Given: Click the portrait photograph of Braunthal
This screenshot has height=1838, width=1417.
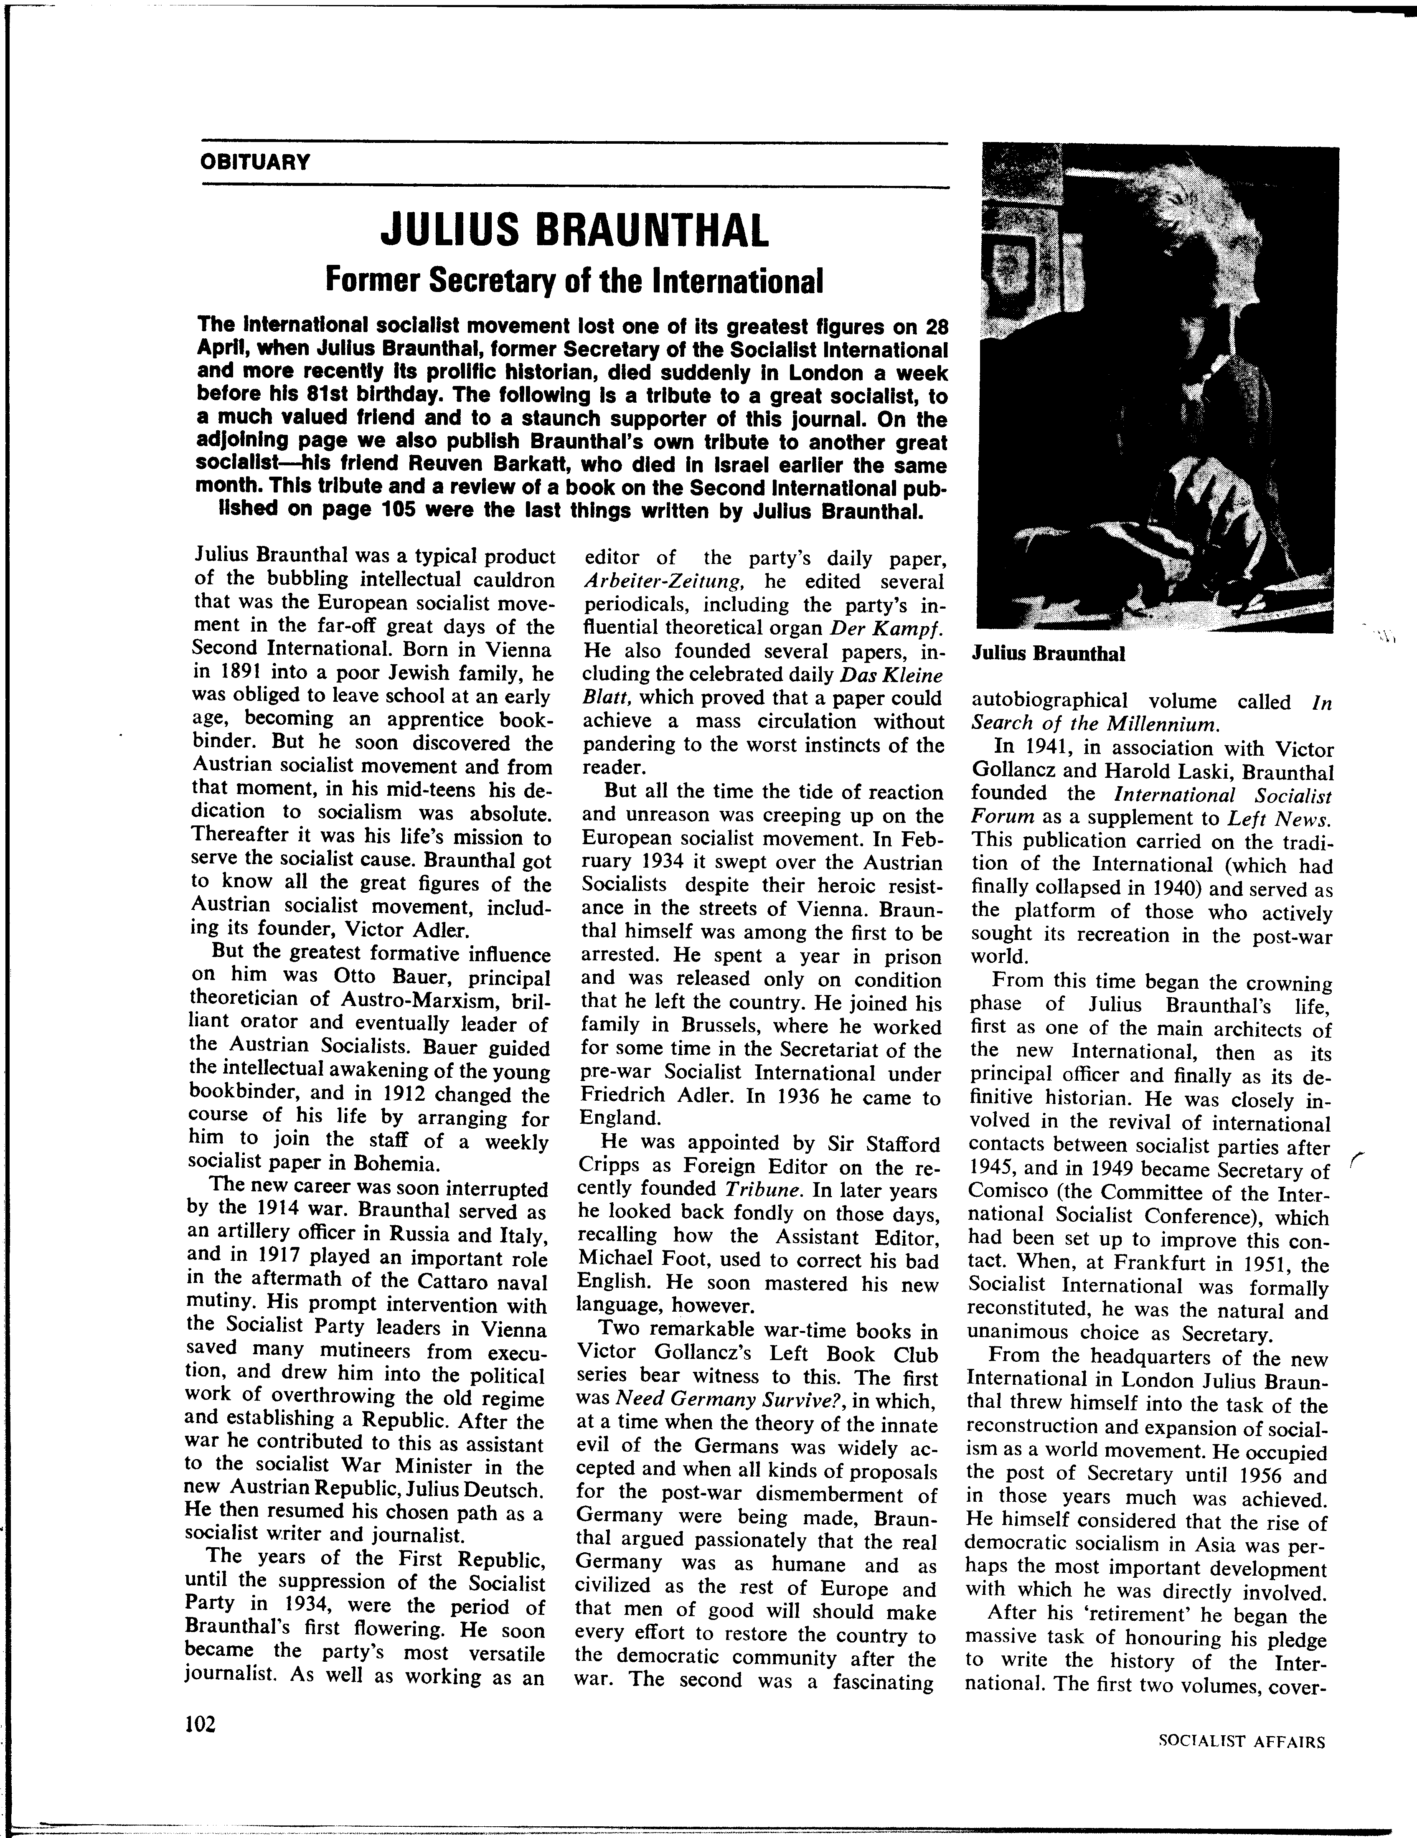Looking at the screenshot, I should tap(1160, 387).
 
